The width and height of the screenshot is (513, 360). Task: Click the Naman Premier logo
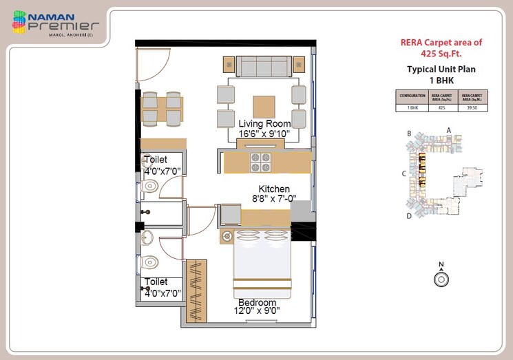pyautogui.click(x=55, y=23)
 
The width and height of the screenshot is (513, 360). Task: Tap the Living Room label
pyautogui.click(x=264, y=123)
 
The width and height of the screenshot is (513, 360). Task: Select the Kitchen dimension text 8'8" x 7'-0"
pyautogui.click(x=274, y=199)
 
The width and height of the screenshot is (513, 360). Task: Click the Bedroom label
pyautogui.click(x=257, y=303)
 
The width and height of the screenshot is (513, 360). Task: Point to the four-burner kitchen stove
pyautogui.click(x=260, y=162)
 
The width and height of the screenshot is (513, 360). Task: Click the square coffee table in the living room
pyautogui.click(x=264, y=107)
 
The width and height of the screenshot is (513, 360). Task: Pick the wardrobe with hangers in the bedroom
pyautogui.click(x=196, y=289)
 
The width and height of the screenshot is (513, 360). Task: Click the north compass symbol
pyautogui.click(x=441, y=277)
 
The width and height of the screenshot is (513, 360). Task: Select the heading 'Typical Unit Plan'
pyautogui.click(x=441, y=69)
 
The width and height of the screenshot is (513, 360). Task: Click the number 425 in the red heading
pyautogui.click(x=432, y=52)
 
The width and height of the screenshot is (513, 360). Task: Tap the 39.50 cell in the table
pyautogui.click(x=472, y=107)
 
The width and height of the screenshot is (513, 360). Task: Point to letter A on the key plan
pyautogui.click(x=448, y=129)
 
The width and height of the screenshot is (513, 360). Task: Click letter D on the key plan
pyautogui.click(x=409, y=216)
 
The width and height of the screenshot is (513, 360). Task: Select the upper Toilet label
pyautogui.click(x=156, y=160)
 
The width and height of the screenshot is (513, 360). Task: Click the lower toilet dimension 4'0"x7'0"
pyautogui.click(x=163, y=293)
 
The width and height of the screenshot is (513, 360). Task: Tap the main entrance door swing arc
pyautogui.click(x=153, y=65)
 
